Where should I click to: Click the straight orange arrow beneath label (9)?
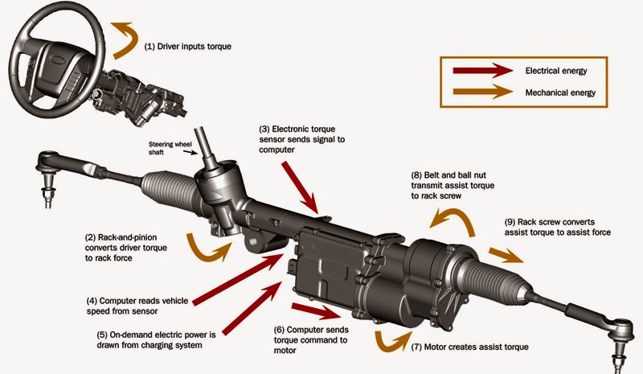tap(502, 256)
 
